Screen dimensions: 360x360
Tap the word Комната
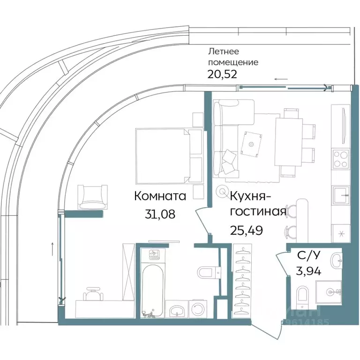click(160, 196)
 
